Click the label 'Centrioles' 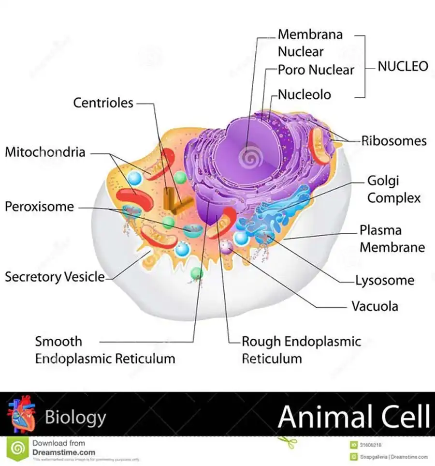103,103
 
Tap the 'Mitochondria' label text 45,152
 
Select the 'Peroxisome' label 40,207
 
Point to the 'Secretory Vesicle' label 55,277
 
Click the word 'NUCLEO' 403,66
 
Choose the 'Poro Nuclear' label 316,70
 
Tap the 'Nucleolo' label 304,94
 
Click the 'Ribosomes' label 394,141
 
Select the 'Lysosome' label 385,280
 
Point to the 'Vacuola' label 375,306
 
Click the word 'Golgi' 383,181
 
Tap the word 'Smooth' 58,341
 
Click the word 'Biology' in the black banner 75,417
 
